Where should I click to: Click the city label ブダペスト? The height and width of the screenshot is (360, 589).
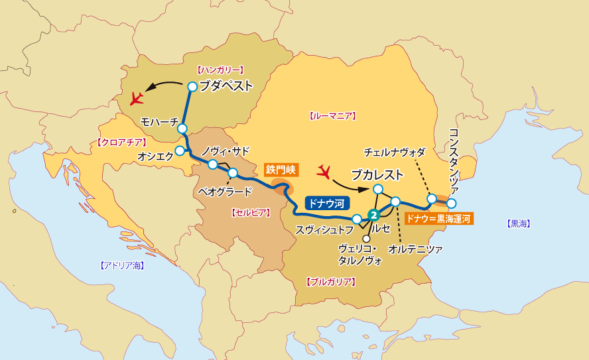click(226, 86)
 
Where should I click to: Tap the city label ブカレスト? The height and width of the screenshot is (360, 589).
click(377, 175)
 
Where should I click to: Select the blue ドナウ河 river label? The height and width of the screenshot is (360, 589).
click(324, 204)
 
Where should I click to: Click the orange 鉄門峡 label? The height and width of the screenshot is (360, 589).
click(279, 170)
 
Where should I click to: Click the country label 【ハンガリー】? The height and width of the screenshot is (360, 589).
click(221, 69)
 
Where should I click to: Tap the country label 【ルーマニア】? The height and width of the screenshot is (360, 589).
click(333, 116)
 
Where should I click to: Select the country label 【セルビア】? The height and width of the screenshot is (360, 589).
click(249, 213)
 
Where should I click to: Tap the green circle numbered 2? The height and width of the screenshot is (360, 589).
click(374, 215)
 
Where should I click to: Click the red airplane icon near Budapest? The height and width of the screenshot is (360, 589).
click(138, 99)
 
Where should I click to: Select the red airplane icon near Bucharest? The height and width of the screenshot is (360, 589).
click(324, 172)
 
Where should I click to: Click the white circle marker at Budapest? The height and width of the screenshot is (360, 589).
click(192, 86)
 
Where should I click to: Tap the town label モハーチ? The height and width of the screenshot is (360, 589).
click(159, 122)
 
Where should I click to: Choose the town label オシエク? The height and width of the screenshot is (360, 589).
click(155, 156)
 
